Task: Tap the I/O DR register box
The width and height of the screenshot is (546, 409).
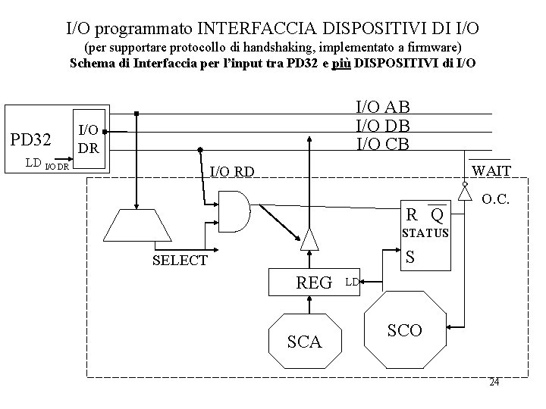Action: click(x=89, y=139)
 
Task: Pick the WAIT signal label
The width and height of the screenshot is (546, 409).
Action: click(x=491, y=170)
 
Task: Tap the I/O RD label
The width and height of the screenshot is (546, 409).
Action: click(x=231, y=171)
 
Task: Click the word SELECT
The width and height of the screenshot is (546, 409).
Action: click(x=180, y=261)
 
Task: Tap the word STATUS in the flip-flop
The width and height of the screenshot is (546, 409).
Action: click(x=425, y=233)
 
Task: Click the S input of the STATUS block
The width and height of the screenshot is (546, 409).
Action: click(x=410, y=257)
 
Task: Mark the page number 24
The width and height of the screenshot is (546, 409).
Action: click(x=494, y=382)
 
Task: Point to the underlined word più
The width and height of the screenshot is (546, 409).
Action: click(x=341, y=62)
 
